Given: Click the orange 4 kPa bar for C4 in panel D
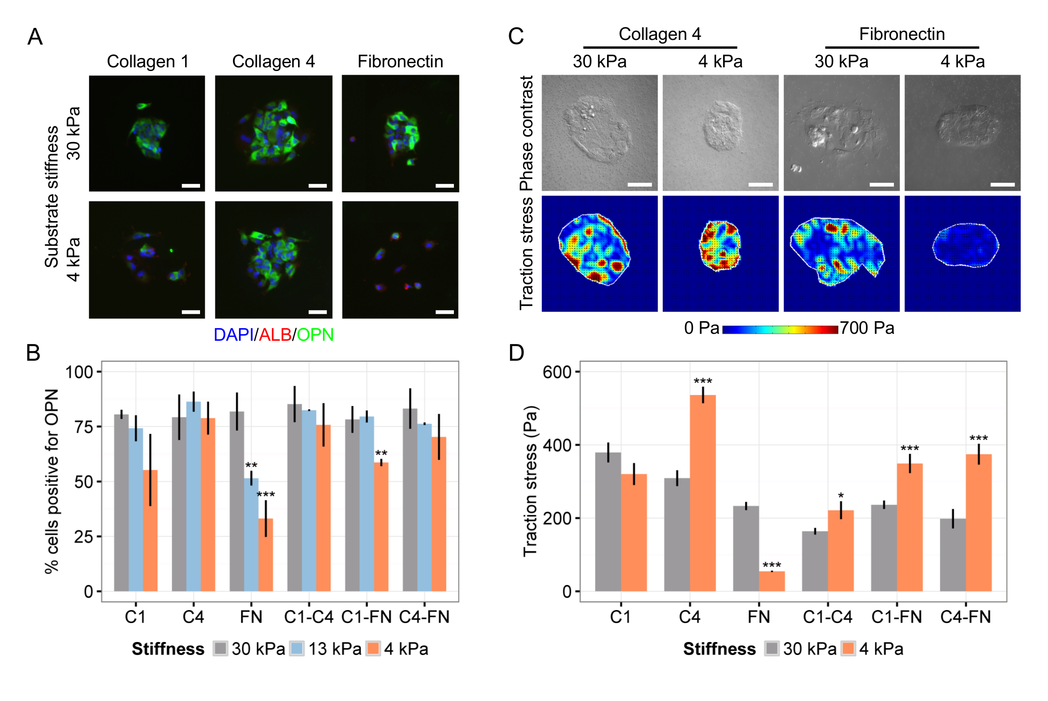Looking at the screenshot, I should (x=703, y=493).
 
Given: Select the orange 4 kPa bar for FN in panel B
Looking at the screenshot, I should (x=265, y=554).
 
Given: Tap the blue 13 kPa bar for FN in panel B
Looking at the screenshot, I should (x=251, y=534).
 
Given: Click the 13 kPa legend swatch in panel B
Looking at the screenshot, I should (x=297, y=648).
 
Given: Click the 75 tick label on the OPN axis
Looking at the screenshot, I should (x=84, y=427).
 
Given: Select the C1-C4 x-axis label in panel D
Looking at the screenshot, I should (x=828, y=617).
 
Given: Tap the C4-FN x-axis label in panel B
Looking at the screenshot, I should (x=424, y=617).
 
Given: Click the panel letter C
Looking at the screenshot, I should (x=516, y=36).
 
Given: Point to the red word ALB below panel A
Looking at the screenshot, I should (x=275, y=335).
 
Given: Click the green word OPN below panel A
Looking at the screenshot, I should (x=315, y=335).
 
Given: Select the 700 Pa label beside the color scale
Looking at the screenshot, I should (x=867, y=328).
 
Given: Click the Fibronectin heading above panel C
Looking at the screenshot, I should (x=902, y=34).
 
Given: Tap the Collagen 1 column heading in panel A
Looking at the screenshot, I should (x=148, y=61).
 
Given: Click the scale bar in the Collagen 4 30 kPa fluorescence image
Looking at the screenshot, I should (x=317, y=186).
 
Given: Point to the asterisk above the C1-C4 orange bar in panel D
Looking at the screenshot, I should (x=841, y=496).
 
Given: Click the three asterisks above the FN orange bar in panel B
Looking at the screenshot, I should (x=265, y=494).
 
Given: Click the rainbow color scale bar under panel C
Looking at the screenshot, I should (x=780, y=330).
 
